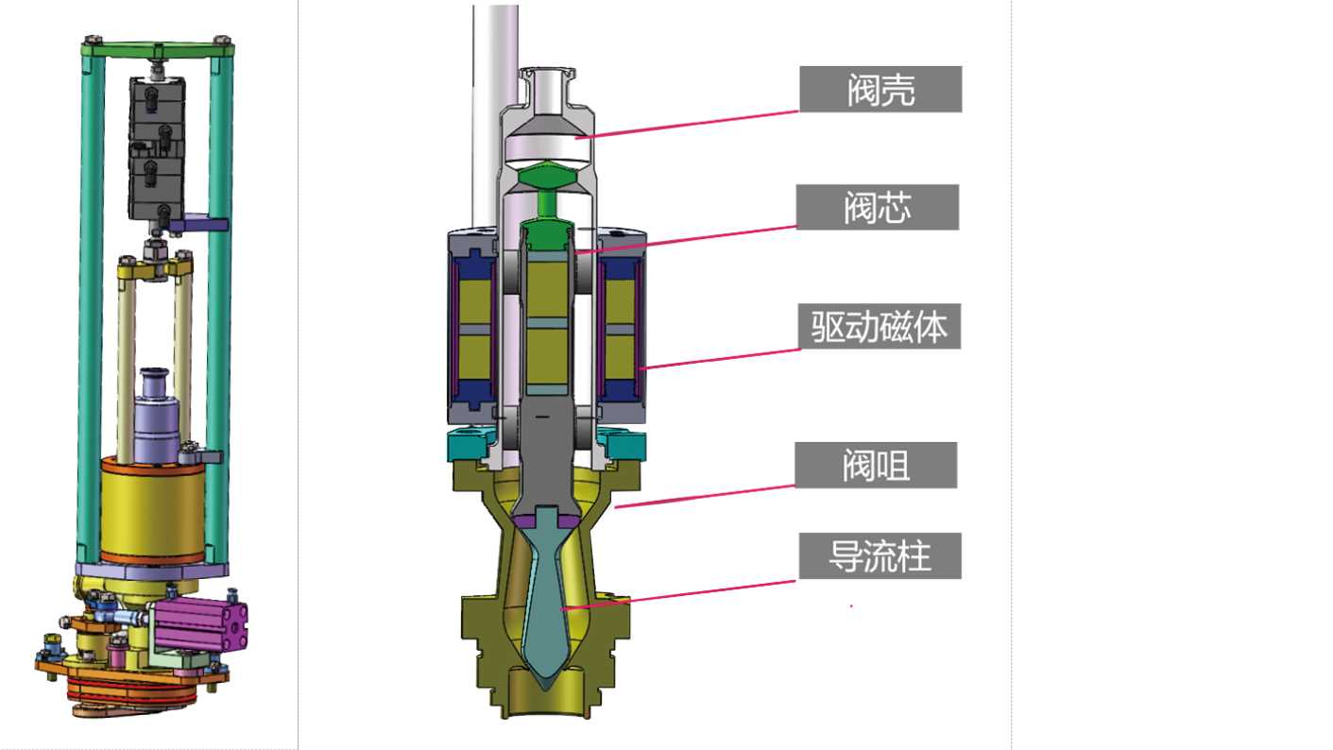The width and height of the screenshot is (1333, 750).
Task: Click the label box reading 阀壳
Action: point(880,90)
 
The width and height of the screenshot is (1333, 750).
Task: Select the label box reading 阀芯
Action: point(877,207)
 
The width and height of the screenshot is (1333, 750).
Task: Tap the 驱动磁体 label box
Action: point(879,326)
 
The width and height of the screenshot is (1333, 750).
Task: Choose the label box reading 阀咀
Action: point(876,465)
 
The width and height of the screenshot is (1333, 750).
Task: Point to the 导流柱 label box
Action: point(880,556)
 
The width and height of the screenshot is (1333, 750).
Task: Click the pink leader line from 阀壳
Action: point(687,125)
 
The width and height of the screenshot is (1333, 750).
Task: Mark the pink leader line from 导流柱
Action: point(677,595)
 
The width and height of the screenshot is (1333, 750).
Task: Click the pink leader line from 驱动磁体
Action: point(720,359)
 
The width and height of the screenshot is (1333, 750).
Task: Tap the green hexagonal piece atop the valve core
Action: point(547,177)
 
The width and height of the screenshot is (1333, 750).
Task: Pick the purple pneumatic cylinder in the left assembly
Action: point(200,625)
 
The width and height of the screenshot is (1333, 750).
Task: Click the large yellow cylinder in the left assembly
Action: point(152,510)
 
